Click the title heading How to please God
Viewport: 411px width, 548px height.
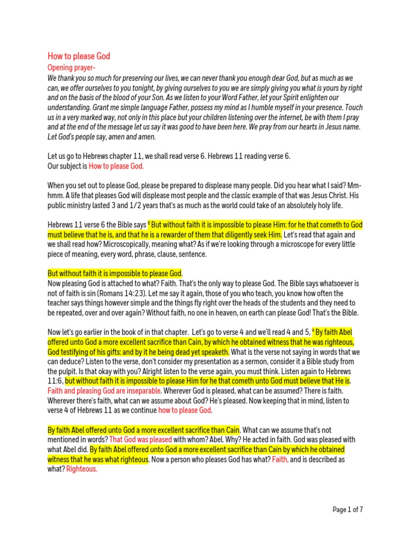[x=79, y=56]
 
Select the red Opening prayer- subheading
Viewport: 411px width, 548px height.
[x=67, y=68]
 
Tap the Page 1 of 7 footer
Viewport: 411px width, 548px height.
[x=348, y=510]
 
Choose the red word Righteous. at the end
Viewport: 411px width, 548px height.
[x=82, y=469]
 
